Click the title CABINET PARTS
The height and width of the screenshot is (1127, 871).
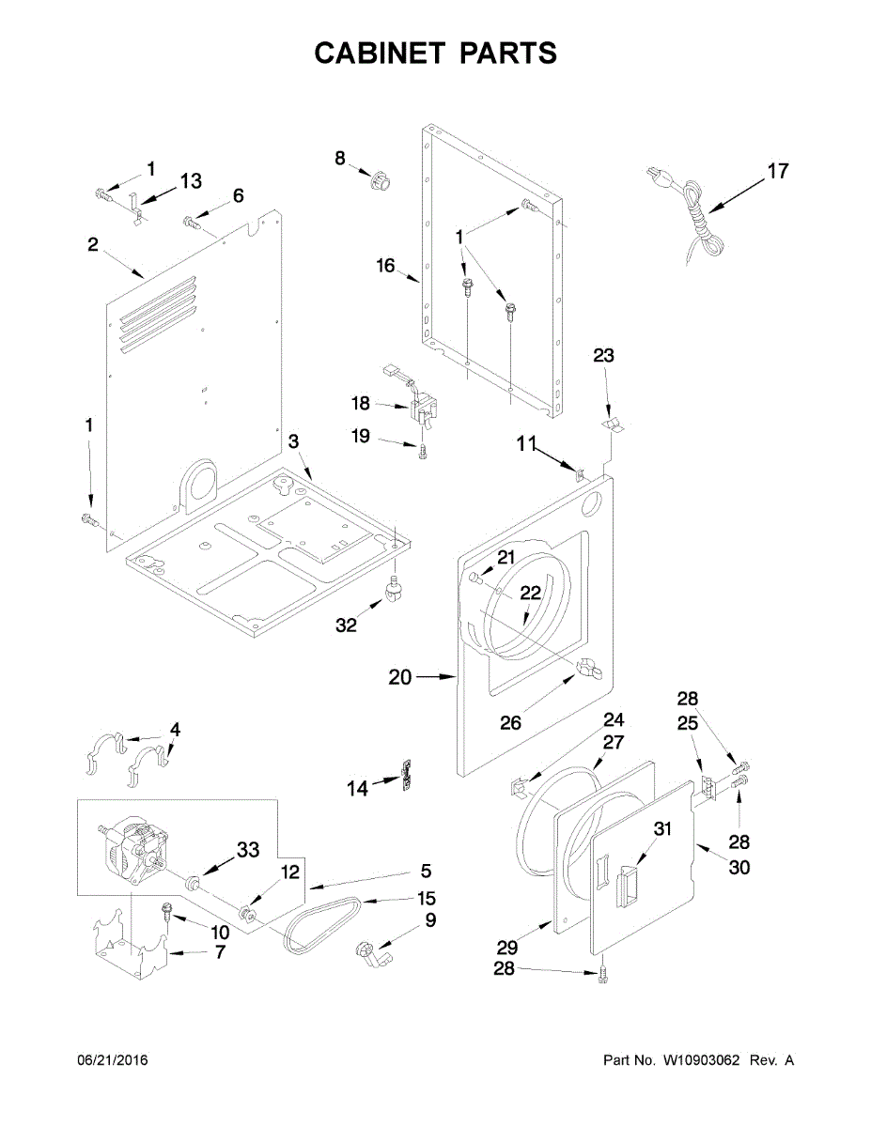[x=435, y=53]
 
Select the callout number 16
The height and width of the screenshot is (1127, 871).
[x=386, y=266]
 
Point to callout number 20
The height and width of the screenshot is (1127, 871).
[x=400, y=676]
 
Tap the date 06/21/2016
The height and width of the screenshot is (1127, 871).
[x=112, y=1060]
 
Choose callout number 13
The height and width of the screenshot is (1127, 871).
[x=191, y=180]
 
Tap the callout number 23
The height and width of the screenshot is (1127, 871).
[x=603, y=355]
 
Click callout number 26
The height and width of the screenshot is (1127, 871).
[x=509, y=723]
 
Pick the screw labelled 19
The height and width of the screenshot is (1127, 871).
[x=422, y=452]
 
